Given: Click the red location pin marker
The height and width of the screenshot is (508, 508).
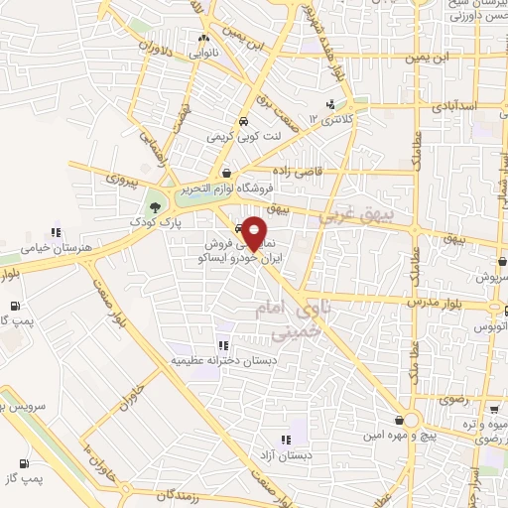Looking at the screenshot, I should coord(255,232).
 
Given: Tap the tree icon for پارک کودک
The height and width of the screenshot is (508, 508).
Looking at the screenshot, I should coord(153,207).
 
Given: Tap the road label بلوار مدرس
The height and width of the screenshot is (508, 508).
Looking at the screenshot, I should coord(432,297).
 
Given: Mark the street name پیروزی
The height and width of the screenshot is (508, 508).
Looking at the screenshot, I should coord(125,180).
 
